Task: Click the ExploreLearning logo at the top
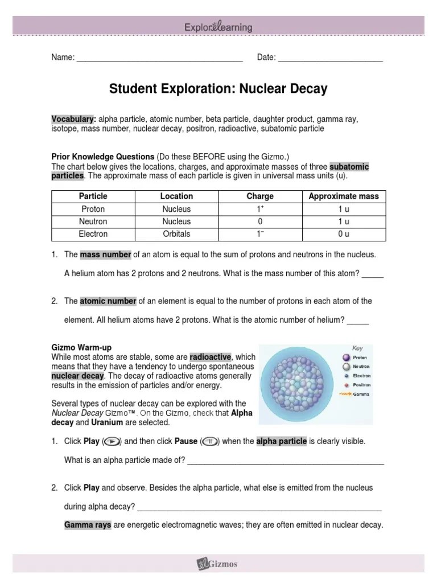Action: (218, 27)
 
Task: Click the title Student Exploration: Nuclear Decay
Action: (218, 89)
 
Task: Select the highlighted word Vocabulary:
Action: (73, 120)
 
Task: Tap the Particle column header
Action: (93, 196)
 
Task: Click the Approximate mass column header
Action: (343, 196)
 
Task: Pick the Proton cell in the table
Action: (93, 209)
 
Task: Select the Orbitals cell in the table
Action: (176, 234)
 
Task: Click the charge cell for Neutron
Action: (260, 221)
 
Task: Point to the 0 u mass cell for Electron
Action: (343, 234)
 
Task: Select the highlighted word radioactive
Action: (211, 357)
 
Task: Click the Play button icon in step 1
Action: (113, 441)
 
